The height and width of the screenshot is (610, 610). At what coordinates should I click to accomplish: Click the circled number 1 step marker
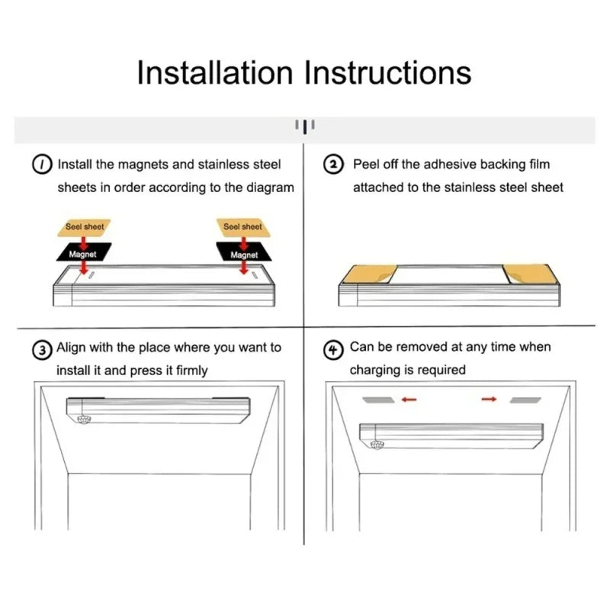coord(42,165)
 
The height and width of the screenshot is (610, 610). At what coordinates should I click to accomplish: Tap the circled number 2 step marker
coord(333,165)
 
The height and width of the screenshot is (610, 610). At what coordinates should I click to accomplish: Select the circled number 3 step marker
coord(42,350)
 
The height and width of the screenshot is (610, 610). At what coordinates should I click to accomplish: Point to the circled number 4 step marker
coord(333,349)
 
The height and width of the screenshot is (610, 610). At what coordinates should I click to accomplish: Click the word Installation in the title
coord(215,72)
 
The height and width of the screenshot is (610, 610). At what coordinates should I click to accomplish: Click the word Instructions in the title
coord(387,72)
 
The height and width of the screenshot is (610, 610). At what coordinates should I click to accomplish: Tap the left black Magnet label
coord(84,253)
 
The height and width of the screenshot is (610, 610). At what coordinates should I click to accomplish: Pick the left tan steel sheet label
coord(84,227)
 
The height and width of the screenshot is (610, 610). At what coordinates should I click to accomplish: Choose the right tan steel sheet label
coord(243,227)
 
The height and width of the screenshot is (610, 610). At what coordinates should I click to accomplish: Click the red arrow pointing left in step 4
coord(409,399)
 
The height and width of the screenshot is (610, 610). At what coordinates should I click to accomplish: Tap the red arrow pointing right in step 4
coord(489,399)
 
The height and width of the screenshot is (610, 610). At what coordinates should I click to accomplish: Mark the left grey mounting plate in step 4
coord(378,400)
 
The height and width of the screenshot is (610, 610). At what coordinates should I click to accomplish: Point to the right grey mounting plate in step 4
coord(525,400)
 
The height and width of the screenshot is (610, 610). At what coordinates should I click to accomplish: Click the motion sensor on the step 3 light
coord(84,419)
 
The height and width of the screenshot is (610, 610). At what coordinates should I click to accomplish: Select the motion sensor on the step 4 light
coord(377,445)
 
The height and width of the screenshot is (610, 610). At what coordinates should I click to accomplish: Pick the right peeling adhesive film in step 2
coord(531,274)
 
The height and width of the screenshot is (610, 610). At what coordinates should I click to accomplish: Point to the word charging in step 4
coord(375,370)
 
